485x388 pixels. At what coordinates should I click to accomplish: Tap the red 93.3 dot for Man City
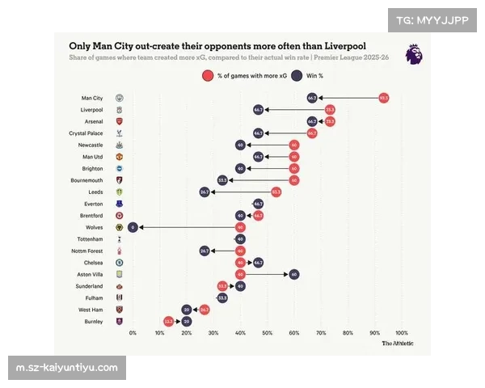pyautogui.click(x=384, y=98)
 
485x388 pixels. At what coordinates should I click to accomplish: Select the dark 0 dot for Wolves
pyautogui.click(x=133, y=227)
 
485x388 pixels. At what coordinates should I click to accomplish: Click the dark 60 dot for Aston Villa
pyautogui.click(x=294, y=274)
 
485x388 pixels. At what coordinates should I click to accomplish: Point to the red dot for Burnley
pyautogui.click(x=168, y=321)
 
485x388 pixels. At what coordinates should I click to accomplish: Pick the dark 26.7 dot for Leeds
pyautogui.click(x=205, y=192)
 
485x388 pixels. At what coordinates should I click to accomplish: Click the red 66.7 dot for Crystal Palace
pyautogui.click(x=312, y=133)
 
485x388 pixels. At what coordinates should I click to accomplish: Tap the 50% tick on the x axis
pyautogui.click(x=268, y=333)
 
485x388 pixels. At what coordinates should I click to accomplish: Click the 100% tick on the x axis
pyautogui.click(x=402, y=333)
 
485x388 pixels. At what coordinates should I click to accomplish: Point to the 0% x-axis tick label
pyautogui.click(x=133, y=333)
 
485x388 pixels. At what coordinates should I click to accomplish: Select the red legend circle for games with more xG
pyautogui.click(x=208, y=75)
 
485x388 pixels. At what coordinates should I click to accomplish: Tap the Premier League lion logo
pyautogui.click(x=413, y=54)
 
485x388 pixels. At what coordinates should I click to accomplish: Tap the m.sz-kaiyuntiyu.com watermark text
pyautogui.click(x=68, y=368)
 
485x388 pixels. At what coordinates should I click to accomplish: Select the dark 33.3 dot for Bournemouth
pyautogui.click(x=222, y=180)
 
